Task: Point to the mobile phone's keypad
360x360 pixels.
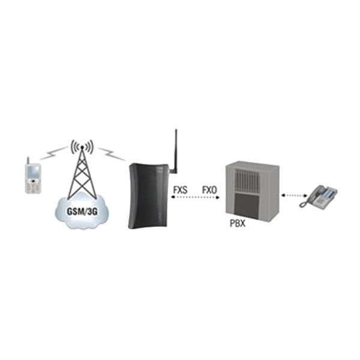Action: click(34, 187)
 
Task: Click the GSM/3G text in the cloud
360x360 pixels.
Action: click(82, 211)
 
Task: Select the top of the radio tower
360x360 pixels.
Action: click(82, 147)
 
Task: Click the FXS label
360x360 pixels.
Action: click(180, 190)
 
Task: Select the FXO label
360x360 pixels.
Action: click(209, 190)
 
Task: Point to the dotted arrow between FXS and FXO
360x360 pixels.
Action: click(195, 197)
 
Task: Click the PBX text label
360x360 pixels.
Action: click(238, 223)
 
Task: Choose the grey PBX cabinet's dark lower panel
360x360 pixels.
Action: click(247, 206)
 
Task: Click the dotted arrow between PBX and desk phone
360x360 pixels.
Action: click(295, 196)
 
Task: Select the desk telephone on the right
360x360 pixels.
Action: click(318, 197)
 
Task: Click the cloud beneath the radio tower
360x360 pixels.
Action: click(82, 212)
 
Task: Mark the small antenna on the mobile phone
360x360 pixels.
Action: click(28, 160)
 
